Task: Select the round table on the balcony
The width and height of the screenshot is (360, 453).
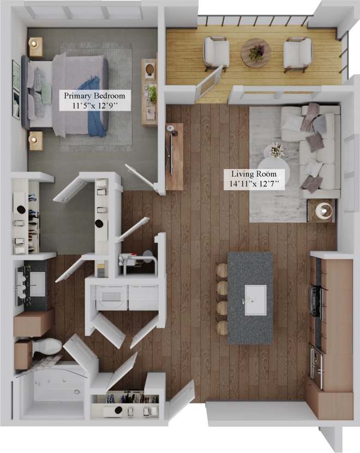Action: (x=255, y=53)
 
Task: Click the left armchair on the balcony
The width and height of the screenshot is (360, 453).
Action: (x=217, y=53)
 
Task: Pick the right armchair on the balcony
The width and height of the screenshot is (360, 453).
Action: (x=297, y=54)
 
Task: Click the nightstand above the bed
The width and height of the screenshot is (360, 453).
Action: (x=36, y=48)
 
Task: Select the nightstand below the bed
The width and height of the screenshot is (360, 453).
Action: (x=36, y=140)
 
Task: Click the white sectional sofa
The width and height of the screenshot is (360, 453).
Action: (x=316, y=150)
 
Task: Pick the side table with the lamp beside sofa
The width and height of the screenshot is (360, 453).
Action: (x=322, y=210)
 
